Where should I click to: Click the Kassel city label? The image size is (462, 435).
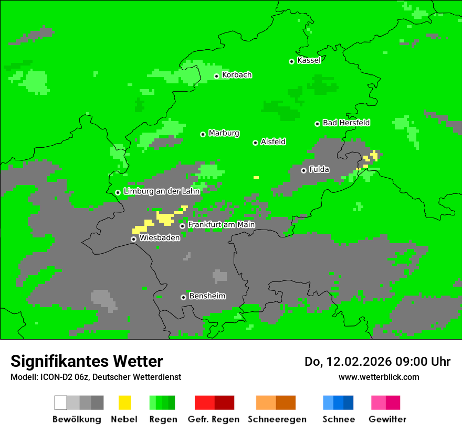309,60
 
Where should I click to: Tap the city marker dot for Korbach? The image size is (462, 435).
216,76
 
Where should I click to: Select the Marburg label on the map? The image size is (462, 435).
224,133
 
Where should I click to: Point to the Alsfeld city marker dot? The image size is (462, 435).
255,143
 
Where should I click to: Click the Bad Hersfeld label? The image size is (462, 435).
346,123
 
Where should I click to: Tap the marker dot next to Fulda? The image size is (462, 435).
303,170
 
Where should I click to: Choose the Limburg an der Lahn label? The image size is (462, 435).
162,191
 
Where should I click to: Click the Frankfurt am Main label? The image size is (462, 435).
221,225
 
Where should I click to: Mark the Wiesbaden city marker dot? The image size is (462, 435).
133,239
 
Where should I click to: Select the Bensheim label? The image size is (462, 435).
207,296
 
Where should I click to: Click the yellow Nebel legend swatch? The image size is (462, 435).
125,403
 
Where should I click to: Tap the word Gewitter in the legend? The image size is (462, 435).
387,419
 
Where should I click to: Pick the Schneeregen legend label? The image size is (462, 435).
277,419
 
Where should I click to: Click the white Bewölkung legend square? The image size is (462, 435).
61,403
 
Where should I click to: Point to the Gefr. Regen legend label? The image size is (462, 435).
214,419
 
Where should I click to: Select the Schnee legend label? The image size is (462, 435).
339,419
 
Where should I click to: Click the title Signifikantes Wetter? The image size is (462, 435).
87,361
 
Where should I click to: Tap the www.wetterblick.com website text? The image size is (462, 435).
379,377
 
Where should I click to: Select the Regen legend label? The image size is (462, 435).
162,419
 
